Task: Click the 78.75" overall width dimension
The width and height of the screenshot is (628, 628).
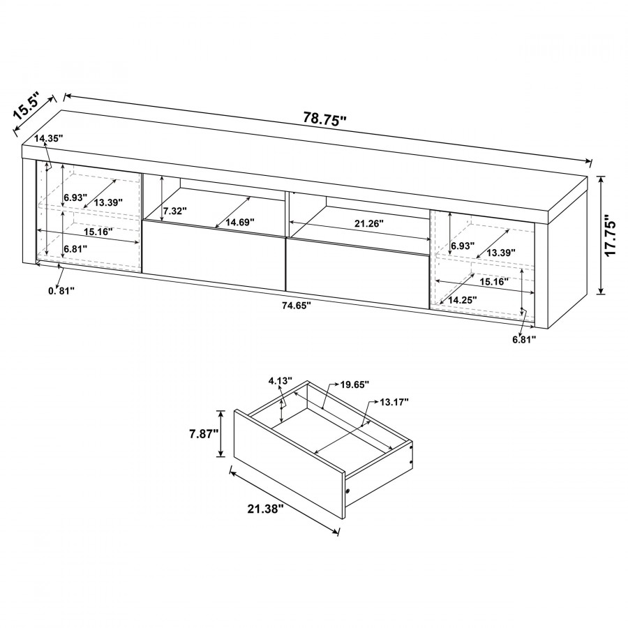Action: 324,119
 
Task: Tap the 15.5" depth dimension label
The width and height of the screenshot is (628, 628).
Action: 27,106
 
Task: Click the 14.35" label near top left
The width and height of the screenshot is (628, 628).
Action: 49,139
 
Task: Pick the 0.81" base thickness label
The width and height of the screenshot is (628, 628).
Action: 61,291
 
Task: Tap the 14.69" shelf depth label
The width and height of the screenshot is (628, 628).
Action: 240,223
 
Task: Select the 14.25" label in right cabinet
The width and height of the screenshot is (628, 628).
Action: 462,299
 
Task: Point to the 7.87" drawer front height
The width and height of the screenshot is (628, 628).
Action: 204,434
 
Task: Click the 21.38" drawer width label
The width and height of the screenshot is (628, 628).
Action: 266,509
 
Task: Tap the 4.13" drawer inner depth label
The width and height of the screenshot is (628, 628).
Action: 281,380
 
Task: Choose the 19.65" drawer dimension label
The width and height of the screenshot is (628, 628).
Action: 354,385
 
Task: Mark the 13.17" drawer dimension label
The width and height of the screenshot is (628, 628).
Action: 394,402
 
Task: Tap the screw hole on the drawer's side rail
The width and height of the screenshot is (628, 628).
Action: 347,491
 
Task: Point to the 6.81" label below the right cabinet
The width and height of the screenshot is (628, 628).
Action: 525,340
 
